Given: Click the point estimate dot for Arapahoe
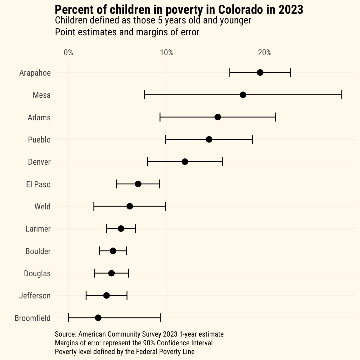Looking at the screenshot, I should coord(260,72).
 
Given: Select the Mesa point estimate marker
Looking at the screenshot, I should coord(243,95).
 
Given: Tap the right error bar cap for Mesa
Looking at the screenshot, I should coord(342,95).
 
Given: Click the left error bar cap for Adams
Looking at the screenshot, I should coord(160,117).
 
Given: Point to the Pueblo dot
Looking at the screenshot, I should coord(209,139).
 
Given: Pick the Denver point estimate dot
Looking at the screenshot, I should coord(185,162).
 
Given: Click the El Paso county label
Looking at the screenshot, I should coord(38,184).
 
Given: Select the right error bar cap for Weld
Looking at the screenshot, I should coord(166,206).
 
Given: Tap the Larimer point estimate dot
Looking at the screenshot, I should coord(121,228).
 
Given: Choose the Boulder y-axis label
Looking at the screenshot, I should coord(38,251).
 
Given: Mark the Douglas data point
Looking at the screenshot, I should coord(111,273).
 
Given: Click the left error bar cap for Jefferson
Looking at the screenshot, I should coord(86,295).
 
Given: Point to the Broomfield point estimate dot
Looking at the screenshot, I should coord(98,318).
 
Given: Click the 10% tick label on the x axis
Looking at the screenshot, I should coord(167,52).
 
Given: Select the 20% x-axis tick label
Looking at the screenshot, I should coord(265,52).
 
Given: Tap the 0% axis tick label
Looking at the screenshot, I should coord(68,52).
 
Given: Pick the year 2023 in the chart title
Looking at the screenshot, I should coord(291,10).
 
